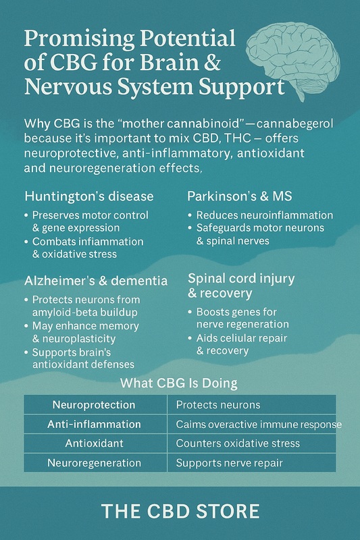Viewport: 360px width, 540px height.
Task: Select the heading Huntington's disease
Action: [89, 196]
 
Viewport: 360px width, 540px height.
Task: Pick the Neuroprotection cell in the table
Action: [94, 405]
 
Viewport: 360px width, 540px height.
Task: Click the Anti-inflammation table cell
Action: [94, 425]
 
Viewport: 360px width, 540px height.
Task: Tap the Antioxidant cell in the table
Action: [94, 443]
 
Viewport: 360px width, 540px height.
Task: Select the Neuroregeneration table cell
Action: [94, 463]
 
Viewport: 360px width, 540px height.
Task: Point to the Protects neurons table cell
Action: [217, 405]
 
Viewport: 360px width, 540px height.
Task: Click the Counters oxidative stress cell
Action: [238, 443]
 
